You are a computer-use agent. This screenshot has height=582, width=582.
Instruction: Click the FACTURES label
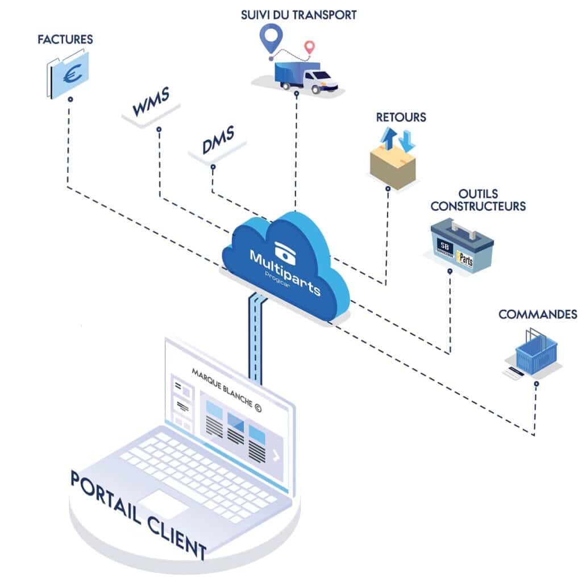[x=65, y=40]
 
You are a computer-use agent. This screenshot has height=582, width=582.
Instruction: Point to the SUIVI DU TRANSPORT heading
[x=298, y=15]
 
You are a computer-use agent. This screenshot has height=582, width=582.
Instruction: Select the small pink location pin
[x=309, y=47]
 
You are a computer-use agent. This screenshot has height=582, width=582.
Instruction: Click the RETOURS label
[x=401, y=118]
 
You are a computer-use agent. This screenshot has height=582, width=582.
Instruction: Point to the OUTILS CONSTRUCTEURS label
[x=478, y=201]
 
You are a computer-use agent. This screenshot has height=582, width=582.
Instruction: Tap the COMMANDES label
[x=538, y=314]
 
